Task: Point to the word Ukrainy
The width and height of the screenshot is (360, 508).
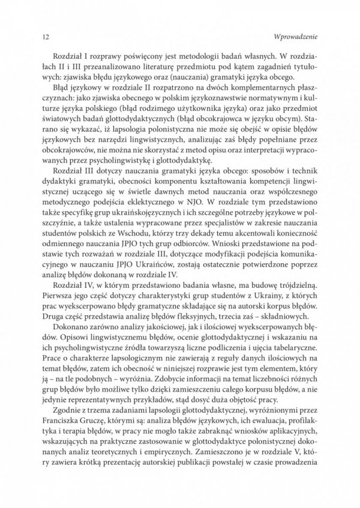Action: (x=271, y=306)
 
